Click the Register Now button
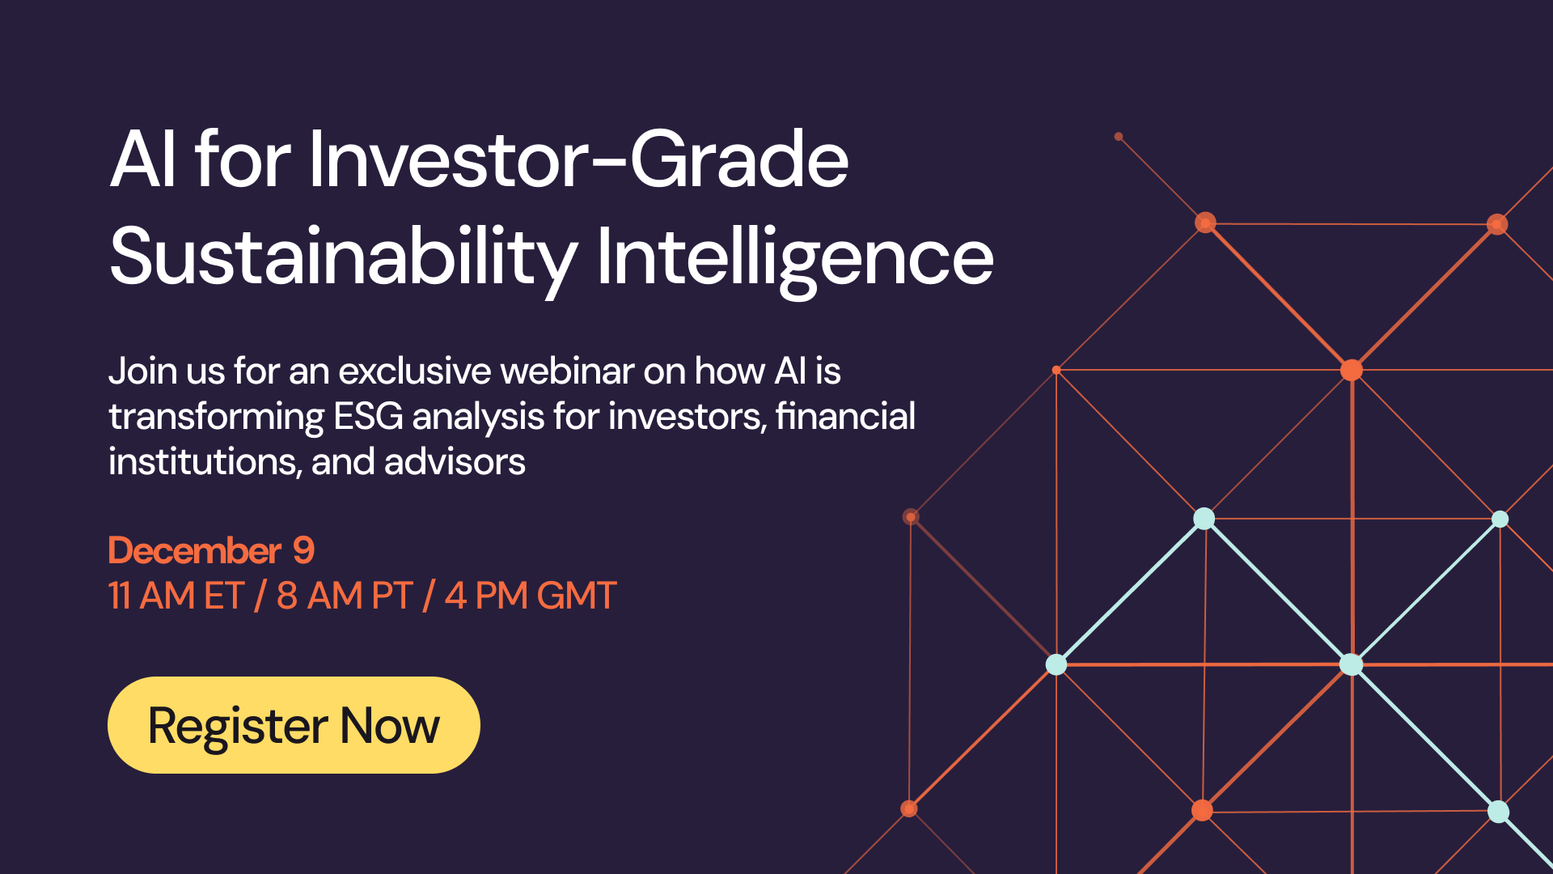pos(294,725)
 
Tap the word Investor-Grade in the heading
pos(578,159)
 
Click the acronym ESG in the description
pos(368,417)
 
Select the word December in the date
pos(195,551)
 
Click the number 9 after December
pos(303,551)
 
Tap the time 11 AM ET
pos(176,596)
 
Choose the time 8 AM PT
pos(345,596)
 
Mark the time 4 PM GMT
pos(531,596)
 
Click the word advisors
pos(455,462)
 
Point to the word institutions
pos(205,462)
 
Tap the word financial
pos(845,417)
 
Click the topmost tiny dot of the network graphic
pos(1119,137)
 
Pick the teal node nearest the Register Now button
pos(1056,664)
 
